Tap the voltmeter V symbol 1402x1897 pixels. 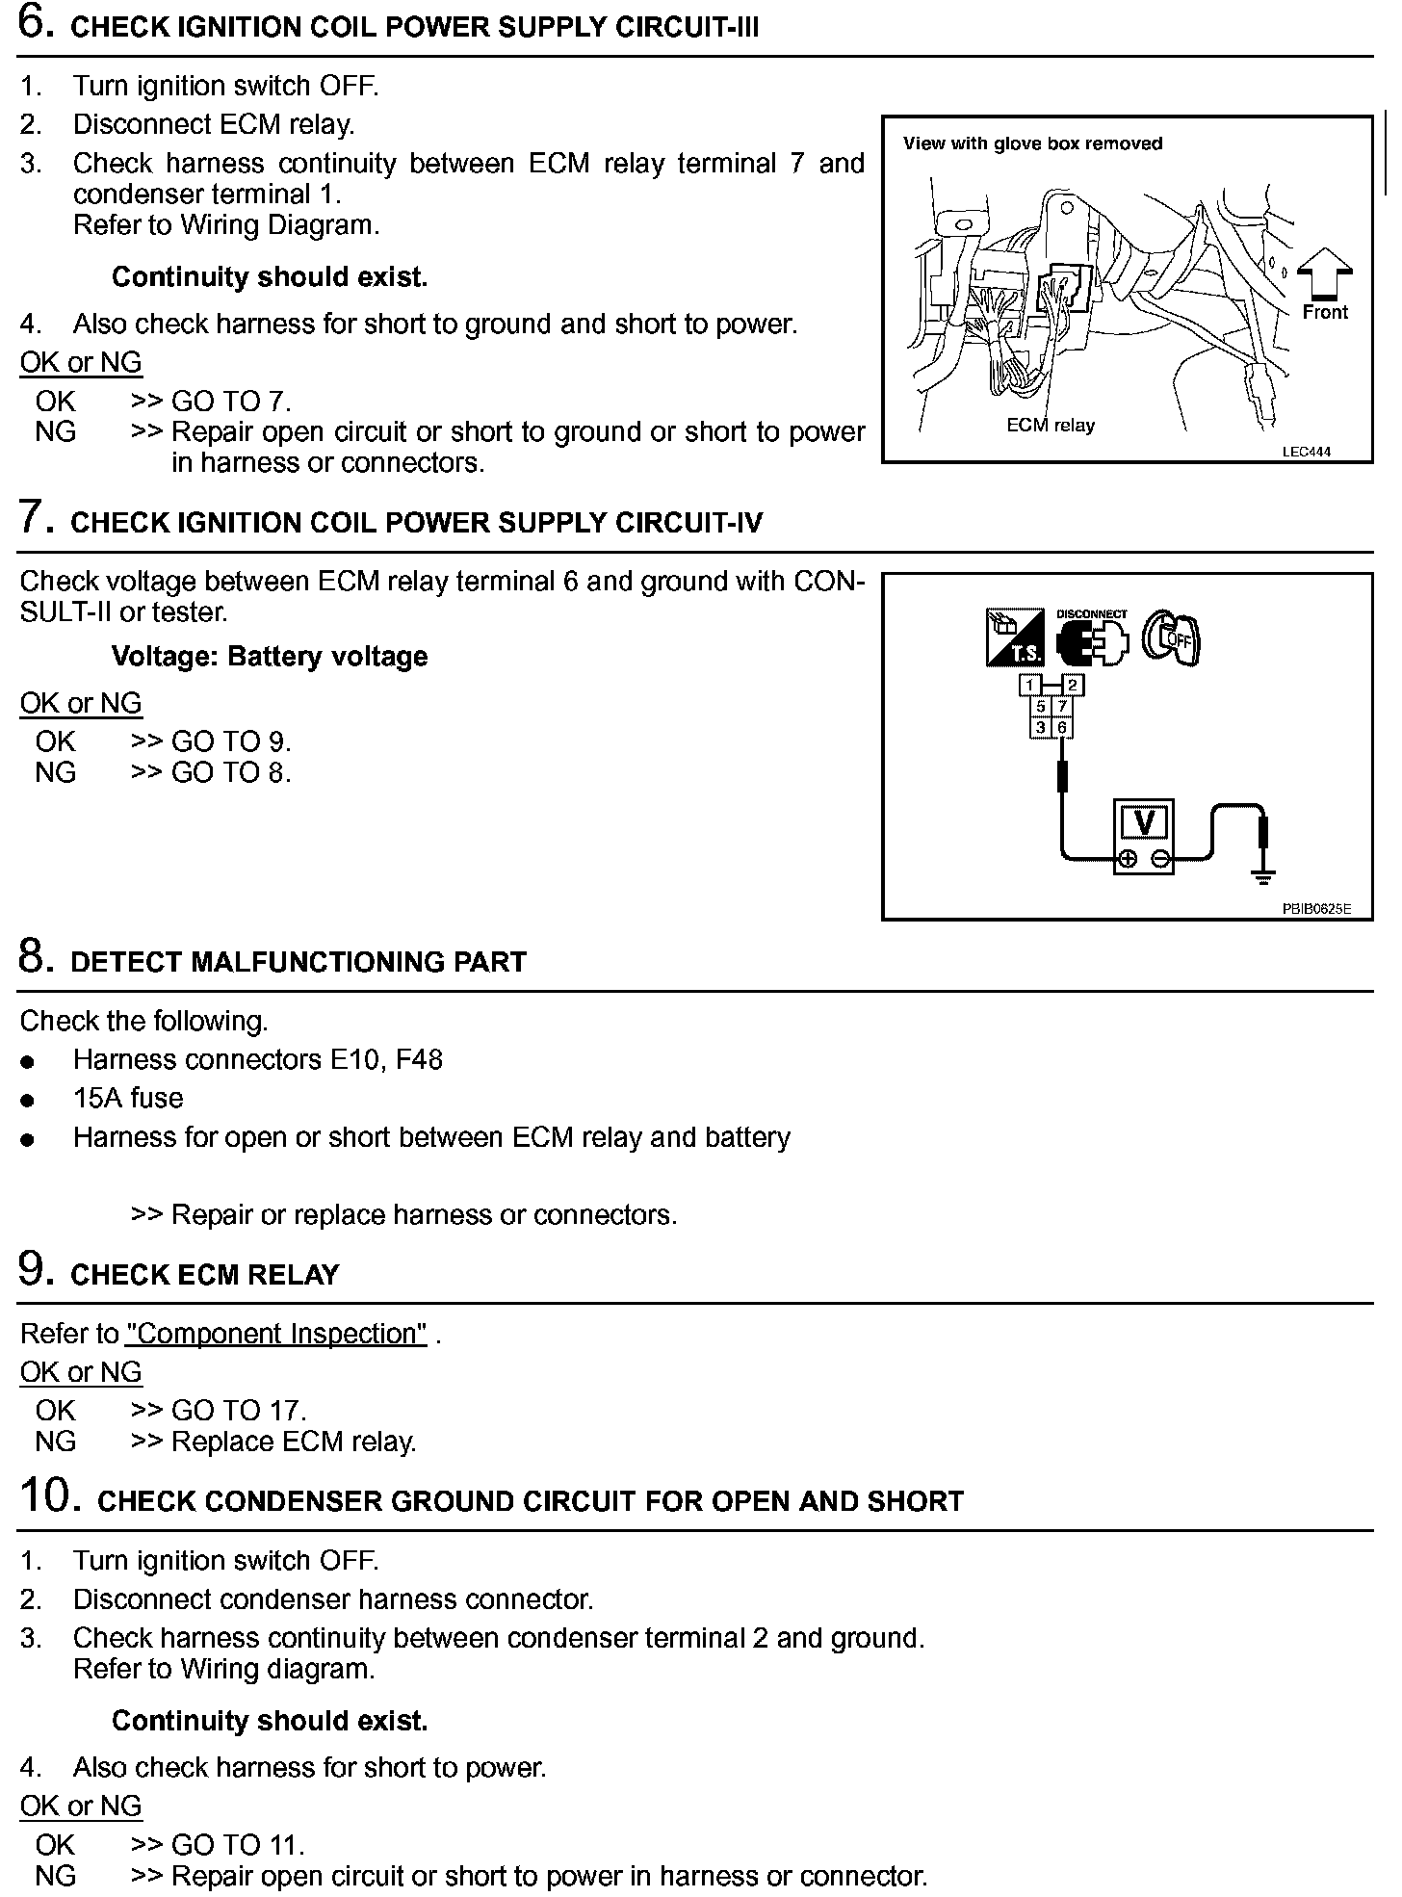coord(1144,822)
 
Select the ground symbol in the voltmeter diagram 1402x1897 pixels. coord(1263,875)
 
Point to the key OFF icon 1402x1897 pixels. coord(1171,638)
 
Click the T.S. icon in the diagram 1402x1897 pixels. coord(1015,637)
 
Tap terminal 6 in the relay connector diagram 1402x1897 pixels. coord(1062,728)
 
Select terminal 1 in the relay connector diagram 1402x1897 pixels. coord(1030,686)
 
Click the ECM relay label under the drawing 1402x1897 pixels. coord(1051,426)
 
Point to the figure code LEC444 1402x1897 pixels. coord(1307,452)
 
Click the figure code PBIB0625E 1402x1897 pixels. coord(1316,908)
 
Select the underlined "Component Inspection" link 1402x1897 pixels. coord(275,1334)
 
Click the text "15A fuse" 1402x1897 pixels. coord(128,1098)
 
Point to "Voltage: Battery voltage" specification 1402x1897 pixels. coord(270,657)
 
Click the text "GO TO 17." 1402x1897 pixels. coord(239,1411)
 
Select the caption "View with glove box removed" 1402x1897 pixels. coord(1032,143)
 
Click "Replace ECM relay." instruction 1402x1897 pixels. coord(294,1442)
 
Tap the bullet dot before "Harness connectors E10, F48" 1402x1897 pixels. coord(28,1062)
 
